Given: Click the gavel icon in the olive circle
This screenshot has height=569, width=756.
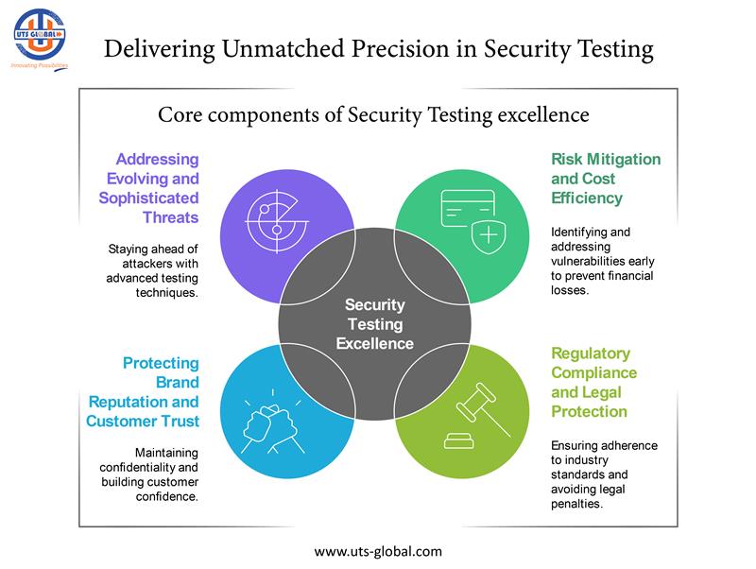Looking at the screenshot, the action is click(x=472, y=415).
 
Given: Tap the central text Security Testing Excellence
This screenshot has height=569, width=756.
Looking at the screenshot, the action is click(x=375, y=324).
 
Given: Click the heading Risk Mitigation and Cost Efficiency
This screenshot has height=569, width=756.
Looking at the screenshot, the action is click(x=606, y=179).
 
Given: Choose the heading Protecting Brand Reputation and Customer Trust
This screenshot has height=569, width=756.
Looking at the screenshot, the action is click(x=142, y=391).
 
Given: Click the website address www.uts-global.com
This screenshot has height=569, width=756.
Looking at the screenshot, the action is click(x=377, y=550).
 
